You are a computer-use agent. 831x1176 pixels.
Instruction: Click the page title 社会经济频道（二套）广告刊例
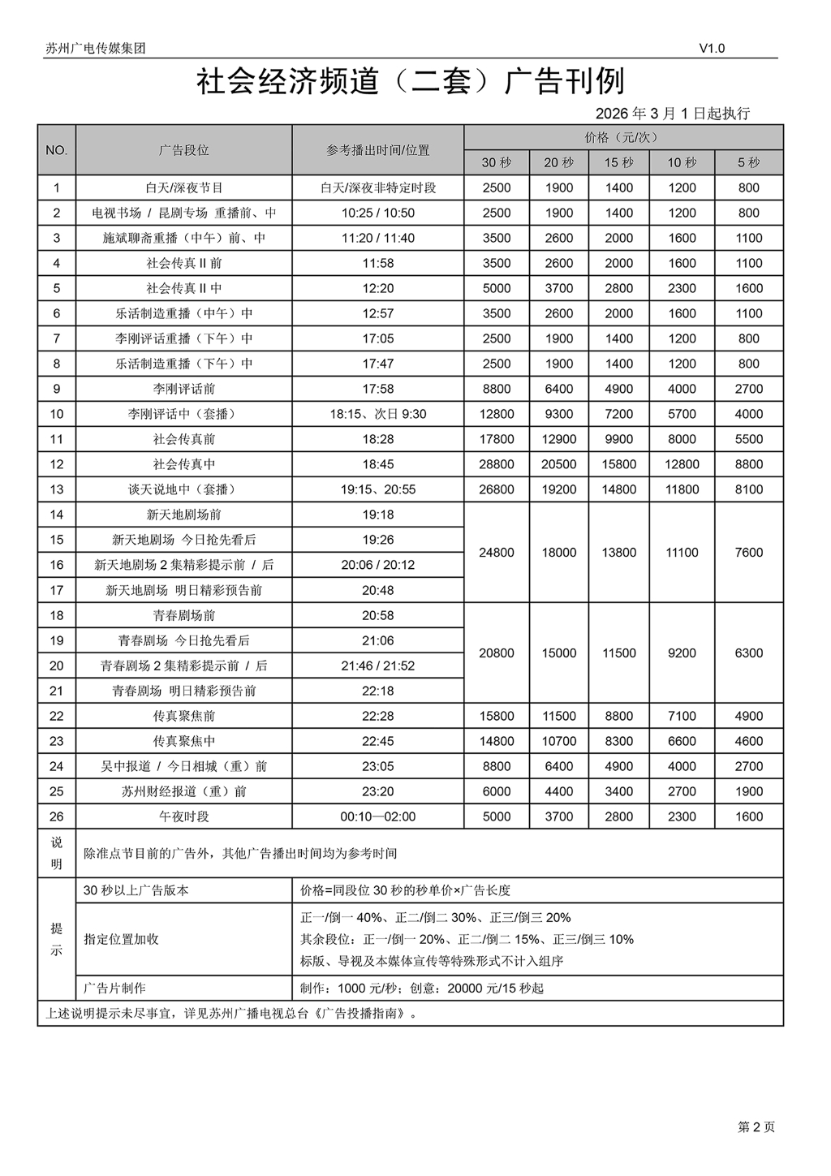click(411, 81)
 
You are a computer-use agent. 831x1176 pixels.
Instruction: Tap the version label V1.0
click(712, 48)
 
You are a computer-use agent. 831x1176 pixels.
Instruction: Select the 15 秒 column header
click(618, 162)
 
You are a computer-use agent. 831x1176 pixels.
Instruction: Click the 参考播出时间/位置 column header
click(377, 150)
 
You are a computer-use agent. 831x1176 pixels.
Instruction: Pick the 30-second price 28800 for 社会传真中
click(496, 464)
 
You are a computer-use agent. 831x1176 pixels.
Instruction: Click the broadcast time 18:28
click(377, 439)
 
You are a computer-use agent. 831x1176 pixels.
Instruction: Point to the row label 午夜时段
click(183, 816)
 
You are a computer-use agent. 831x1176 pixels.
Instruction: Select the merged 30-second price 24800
click(496, 553)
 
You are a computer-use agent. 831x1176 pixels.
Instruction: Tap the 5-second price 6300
click(748, 653)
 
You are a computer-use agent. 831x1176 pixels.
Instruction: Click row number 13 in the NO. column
click(56, 489)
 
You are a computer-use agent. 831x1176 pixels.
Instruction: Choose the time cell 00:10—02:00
click(377, 816)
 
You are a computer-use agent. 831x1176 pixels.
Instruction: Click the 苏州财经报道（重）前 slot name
click(183, 791)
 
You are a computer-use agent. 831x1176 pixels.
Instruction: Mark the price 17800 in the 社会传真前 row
click(496, 439)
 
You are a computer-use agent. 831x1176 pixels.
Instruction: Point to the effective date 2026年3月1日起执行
click(673, 114)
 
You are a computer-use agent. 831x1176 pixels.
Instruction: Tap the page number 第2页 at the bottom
click(756, 1126)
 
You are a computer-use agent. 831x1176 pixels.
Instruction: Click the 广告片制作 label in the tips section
click(114, 989)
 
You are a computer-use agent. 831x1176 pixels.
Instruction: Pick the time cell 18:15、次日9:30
click(377, 414)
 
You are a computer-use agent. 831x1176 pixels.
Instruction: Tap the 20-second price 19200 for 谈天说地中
click(558, 489)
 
